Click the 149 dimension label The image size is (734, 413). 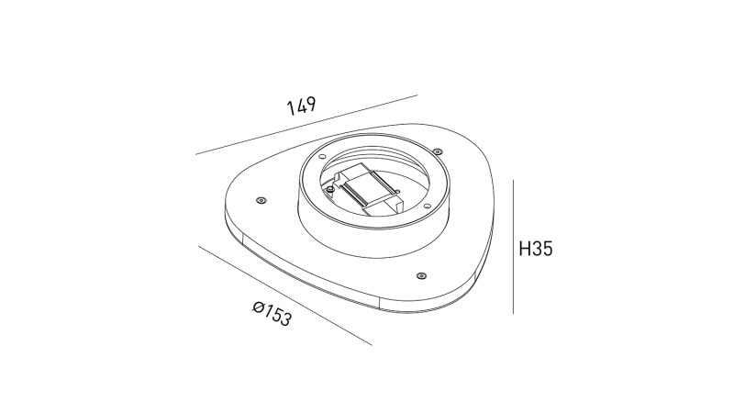tap(301, 106)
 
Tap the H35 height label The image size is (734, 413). tap(535, 249)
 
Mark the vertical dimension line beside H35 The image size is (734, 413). tap(512, 248)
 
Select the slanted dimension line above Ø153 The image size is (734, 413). tap(284, 295)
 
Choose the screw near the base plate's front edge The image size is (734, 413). tap(420, 274)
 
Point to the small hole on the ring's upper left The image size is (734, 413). tap(324, 158)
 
